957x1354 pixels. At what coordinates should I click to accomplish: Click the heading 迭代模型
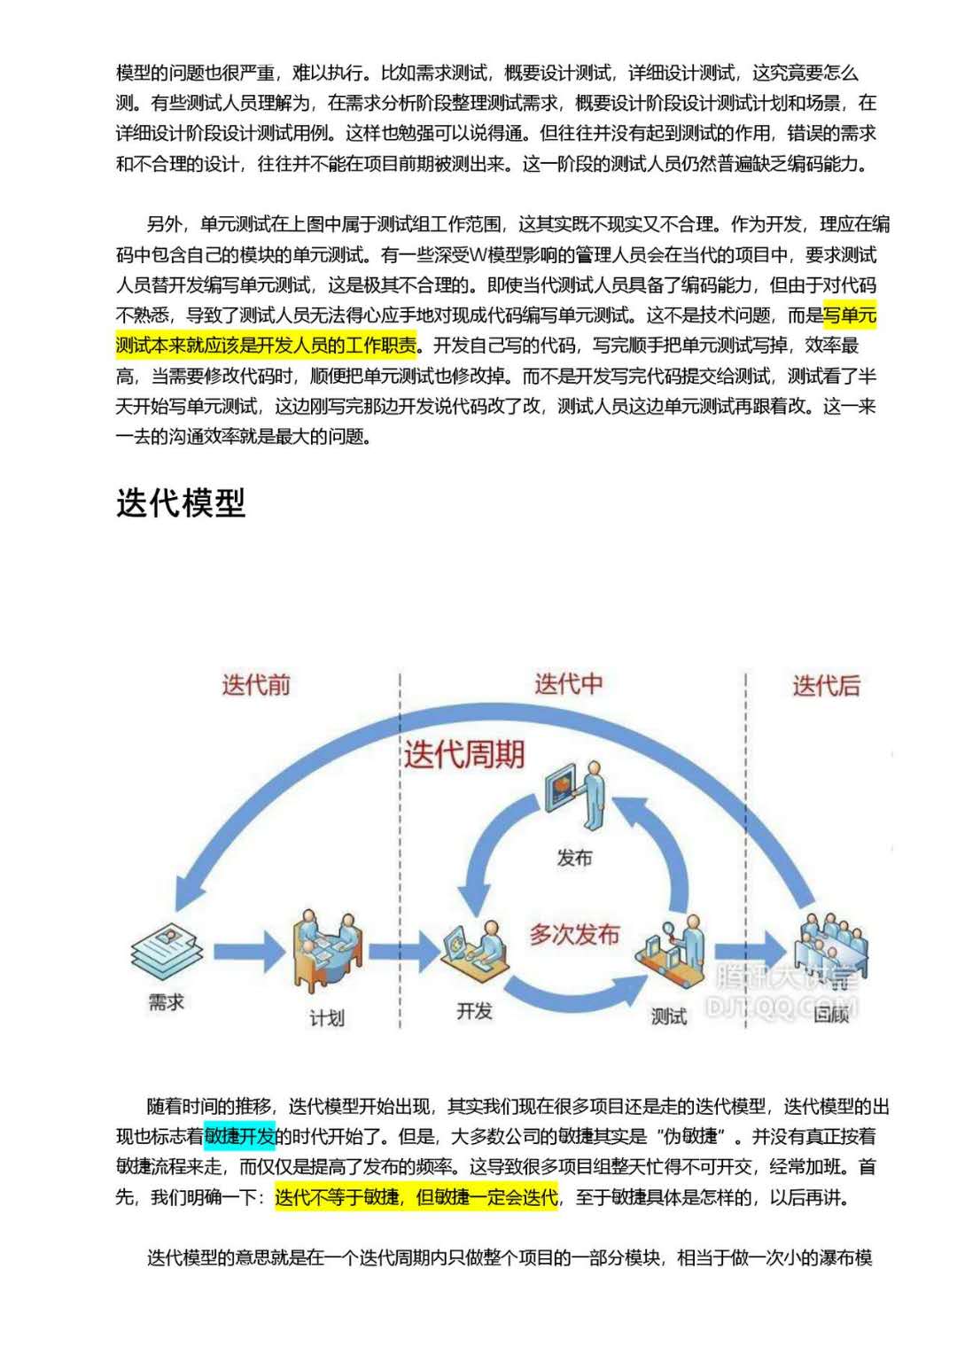tap(180, 503)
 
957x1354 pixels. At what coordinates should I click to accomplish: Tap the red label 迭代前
tap(255, 685)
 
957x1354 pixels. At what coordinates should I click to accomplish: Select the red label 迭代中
tap(568, 684)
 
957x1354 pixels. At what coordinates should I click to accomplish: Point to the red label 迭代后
tap(826, 686)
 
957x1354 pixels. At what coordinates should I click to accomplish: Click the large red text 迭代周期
tap(464, 755)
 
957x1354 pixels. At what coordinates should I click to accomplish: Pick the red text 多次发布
tap(574, 935)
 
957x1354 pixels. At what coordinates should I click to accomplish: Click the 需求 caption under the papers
tap(166, 1002)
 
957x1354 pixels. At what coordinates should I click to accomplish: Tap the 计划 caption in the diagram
tap(326, 1018)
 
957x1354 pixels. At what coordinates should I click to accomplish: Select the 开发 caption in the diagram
tap(474, 1011)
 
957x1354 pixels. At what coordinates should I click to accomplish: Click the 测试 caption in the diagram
tap(668, 1016)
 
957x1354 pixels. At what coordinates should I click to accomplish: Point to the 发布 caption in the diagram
tap(574, 858)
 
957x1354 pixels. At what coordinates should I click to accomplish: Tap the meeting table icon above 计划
tap(328, 954)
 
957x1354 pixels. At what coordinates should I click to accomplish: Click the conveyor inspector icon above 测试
tap(671, 954)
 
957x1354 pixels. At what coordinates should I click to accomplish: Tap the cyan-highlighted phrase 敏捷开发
tap(239, 1136)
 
